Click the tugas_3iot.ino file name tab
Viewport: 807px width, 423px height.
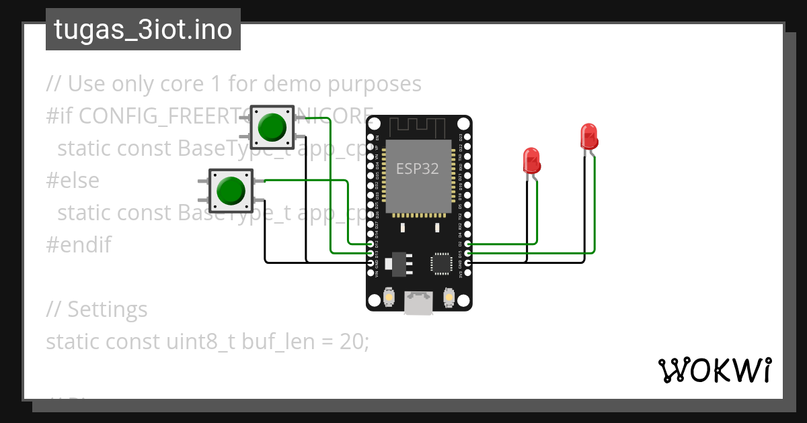coord(143,30)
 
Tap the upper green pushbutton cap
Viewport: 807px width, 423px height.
coord(272,126)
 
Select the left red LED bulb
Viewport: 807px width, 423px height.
coord(531,161)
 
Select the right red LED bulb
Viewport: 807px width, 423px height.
coord(589,136)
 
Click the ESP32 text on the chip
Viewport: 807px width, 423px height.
coord(417,169)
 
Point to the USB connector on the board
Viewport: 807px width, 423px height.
coord(418,303)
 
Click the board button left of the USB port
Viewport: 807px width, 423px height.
coord(389,296)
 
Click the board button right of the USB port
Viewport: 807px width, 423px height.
coord(449,296)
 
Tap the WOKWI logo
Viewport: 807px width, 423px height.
coord(714,371)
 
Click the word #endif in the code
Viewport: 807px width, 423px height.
coord(79,244)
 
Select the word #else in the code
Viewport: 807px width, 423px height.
coord(73,180)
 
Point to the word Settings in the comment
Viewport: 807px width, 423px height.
coord(107,310)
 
